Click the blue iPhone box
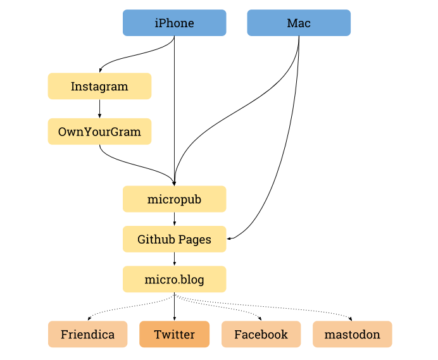point(174,23)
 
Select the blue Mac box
point(298,23)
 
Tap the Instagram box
point(99,86)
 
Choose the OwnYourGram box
point(99,132)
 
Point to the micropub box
point(174,199)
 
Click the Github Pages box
point(174,239)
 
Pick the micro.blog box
point(174,279)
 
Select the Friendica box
point(87,334)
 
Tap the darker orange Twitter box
point(174,334)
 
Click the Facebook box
point(261,334)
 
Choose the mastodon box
point(352,334)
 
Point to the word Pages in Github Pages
point(194,240)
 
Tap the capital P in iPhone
point(163,23)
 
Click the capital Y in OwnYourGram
point(85,132)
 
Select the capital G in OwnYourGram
point(116,132)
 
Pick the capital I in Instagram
point(73,86)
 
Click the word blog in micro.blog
point(191,279)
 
